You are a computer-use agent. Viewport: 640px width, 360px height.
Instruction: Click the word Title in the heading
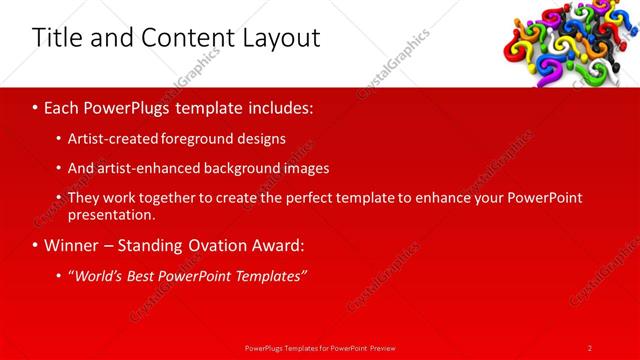click(x=57, y=39)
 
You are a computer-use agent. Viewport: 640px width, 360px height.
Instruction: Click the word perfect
click(x=305, y=198)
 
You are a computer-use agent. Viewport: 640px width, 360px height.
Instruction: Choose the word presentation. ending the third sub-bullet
click(x=111, y=215)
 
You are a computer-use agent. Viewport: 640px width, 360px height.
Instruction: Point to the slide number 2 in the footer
click(x=589, y=348)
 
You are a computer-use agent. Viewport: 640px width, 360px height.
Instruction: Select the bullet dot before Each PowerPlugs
click(x=36, y=106)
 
